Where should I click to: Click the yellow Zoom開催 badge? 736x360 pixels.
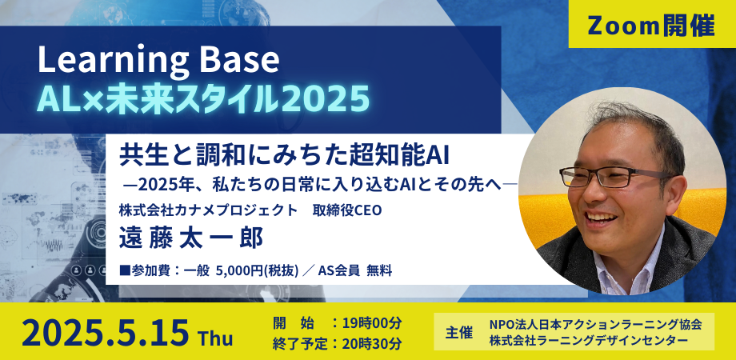click(x=651, y=25)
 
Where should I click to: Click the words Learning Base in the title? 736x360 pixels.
click(x=159, y=61)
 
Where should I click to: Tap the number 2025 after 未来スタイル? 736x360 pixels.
click(x=326, y=98)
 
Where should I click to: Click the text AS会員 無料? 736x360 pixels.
click(x=356, y=270)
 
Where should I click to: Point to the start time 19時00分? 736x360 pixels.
click(x=370, y=323)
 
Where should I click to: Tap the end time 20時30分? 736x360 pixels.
click(x=370, y=343)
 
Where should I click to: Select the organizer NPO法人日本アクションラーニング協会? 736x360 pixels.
click(x=595, y=324)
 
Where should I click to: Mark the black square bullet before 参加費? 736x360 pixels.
click(x=123, y=270)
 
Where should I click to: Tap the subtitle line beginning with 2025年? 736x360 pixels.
click(x=320, y=185)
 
